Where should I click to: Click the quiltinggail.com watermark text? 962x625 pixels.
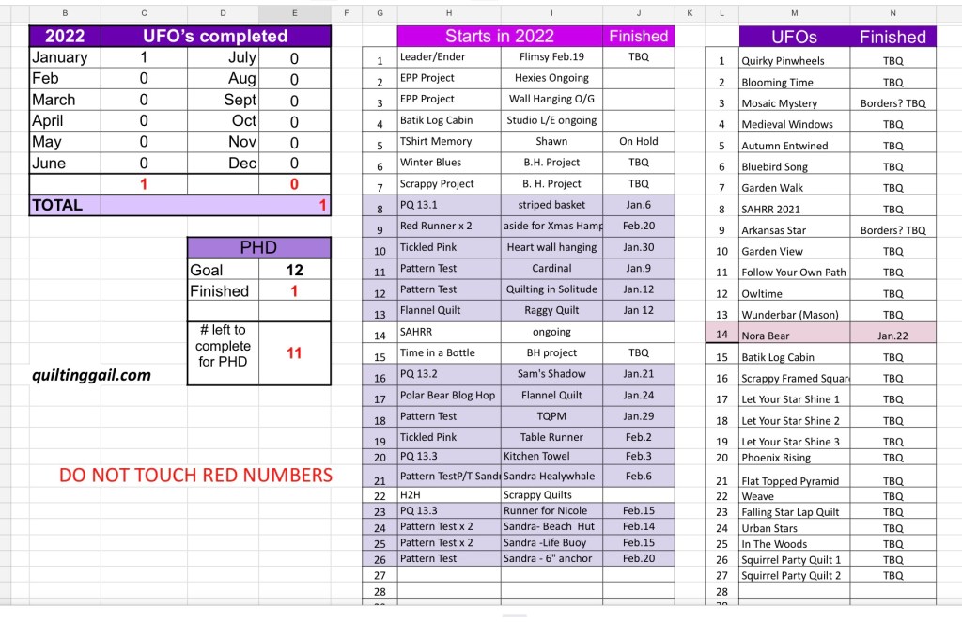pos(91,375)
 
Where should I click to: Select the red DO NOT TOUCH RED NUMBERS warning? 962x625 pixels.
pos(195,475)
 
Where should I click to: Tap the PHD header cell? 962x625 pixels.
pos(258,247)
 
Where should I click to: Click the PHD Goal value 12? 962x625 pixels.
pos(294,270)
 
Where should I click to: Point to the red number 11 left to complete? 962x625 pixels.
pos(294,353)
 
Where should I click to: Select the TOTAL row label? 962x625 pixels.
pos(57,205)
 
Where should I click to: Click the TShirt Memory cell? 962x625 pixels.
pos(436,141)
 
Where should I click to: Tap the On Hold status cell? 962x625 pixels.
pos(639,141)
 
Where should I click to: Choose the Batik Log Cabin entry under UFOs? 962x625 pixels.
pos(778,357)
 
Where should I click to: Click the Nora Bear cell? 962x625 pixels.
pos(766,336)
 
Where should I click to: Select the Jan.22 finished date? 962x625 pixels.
pos(892,336)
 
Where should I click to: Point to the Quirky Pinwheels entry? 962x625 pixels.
pos(783,61)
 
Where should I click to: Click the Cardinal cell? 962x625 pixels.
pos(551,268)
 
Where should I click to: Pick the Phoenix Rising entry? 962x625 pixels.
pos(776,458)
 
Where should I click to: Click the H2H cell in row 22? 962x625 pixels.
pos(414,494)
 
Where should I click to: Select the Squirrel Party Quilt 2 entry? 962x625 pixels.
pos(791,575)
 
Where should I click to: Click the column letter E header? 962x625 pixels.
pos(294,12)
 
